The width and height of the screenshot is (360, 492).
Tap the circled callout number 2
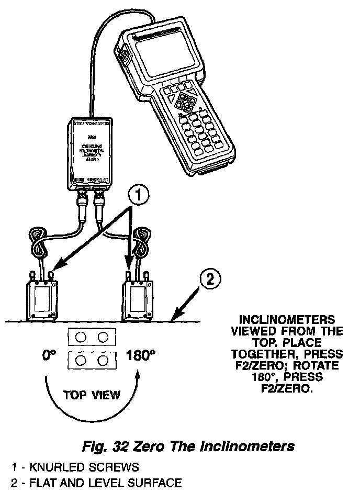coord(209,278)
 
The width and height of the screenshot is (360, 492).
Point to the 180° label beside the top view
coord(141,356)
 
